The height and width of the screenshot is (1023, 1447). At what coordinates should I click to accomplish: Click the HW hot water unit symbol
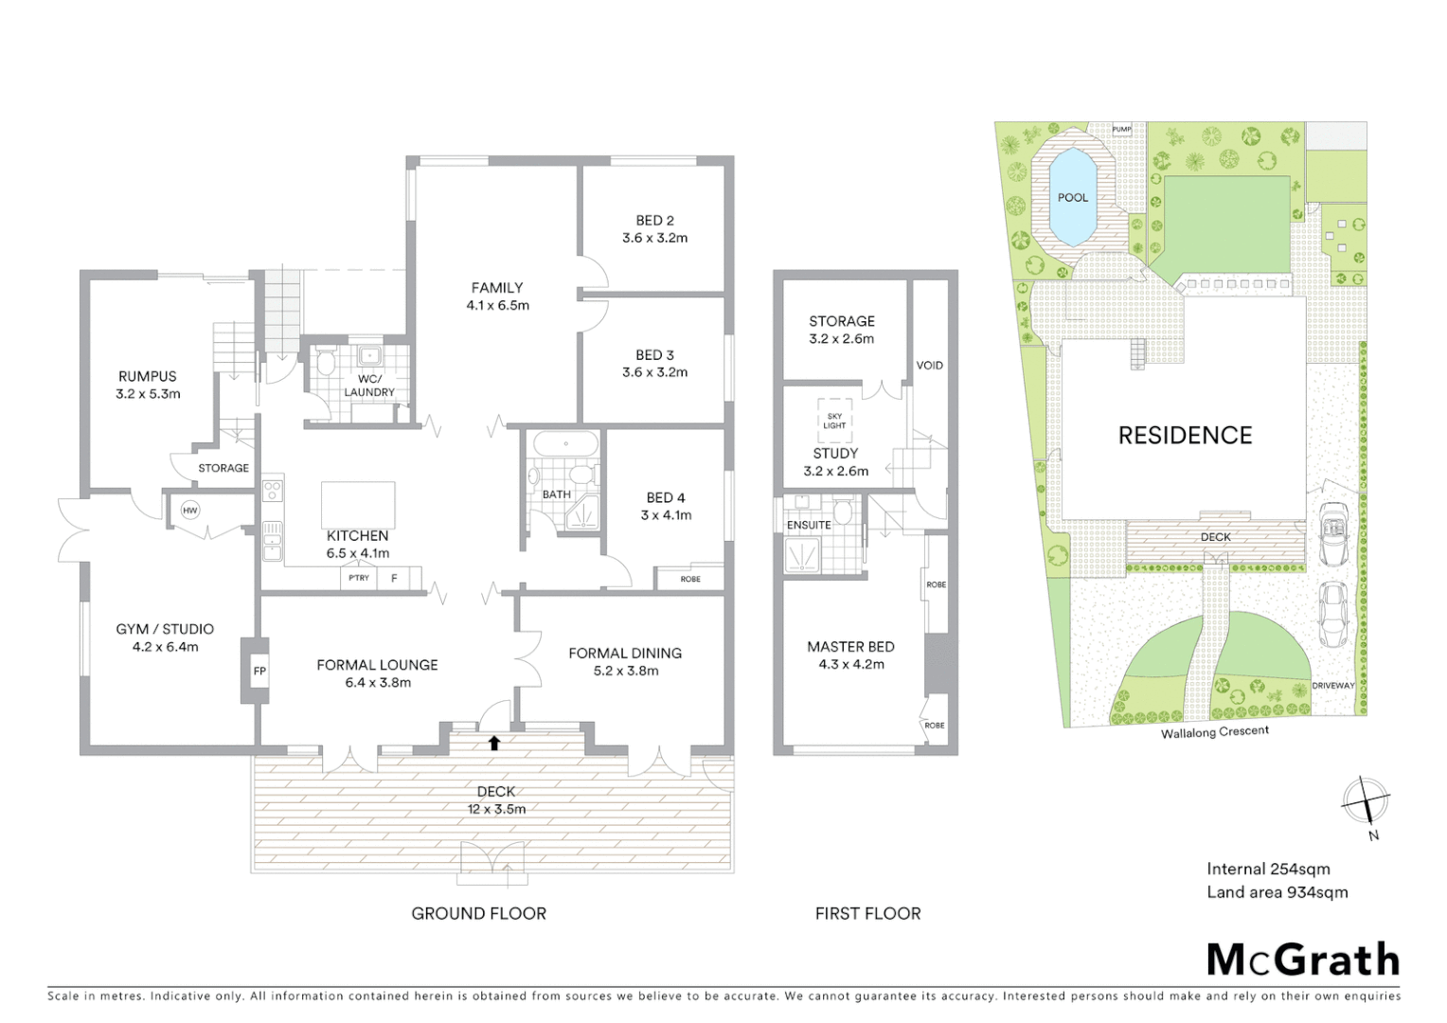pyautogui.click(x=190, y=511)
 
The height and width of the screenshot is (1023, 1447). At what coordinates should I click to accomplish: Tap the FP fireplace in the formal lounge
pyautogui.click(x=259, y=671)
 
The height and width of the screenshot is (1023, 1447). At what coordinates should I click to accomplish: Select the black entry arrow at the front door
pyautogui.click(x=494, y=743)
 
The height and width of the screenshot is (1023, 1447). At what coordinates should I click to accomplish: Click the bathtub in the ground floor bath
pyautogui.click(x=565, y=443)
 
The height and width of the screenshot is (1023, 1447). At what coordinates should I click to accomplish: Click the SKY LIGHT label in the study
pyautogui.click(x=834, y=421)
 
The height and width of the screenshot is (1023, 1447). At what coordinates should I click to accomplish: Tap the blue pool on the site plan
pyautogui.click(x=1073, y=195)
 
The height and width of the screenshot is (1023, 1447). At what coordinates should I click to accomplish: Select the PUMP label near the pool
pyautogui.click(x=1121, y=129)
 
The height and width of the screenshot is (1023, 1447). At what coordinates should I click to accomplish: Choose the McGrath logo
pyautogui.click(x=1303, y=960)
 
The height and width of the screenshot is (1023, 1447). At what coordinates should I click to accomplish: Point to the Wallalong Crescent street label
pyautogui.click(x=1215, y=732)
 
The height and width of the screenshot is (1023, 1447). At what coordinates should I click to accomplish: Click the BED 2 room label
pyautogui.click(x=655, y=221)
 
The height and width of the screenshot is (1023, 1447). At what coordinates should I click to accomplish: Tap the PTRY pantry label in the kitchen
pyautogui.click(x=359, y=578)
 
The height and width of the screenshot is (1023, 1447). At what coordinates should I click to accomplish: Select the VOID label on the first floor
pyautogui.click(x=929, y=365)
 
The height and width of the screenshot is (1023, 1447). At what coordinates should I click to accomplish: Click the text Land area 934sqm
pyautogui.click(x=1277, y=892)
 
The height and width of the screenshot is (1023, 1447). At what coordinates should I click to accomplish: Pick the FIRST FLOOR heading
pyautogui.click(x=867, y=913)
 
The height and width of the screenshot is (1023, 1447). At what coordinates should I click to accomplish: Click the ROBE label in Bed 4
pyautogui.click(x=690, y=579)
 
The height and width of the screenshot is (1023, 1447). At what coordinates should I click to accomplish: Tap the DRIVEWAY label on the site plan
pyautogui.click(x=1332, y=686)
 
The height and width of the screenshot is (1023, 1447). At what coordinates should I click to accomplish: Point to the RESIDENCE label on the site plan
pyautogui.click(x=1185, y=436)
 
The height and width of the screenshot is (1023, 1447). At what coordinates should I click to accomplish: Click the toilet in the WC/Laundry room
pyautogui.click(x=326, y=363)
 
